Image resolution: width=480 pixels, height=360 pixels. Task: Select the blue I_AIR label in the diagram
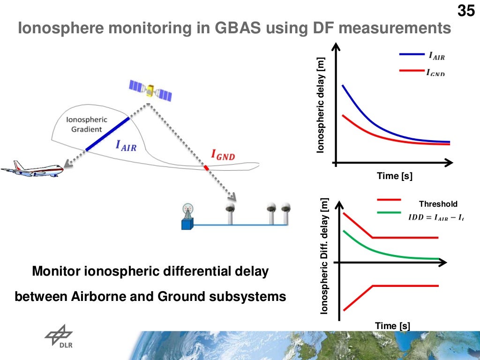point(126,146)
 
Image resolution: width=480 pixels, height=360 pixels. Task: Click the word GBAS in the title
point(239,29)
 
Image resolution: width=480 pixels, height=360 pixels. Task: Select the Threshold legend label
point(438,204)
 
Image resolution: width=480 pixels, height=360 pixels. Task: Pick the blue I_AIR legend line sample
point(412,54)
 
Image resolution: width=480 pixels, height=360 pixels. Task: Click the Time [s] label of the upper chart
point(395,176)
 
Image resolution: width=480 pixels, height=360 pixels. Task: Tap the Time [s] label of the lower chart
point(392,326)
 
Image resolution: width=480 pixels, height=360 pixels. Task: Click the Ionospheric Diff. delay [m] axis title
point(323,262)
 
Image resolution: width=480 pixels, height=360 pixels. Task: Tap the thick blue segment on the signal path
point(107,134)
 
